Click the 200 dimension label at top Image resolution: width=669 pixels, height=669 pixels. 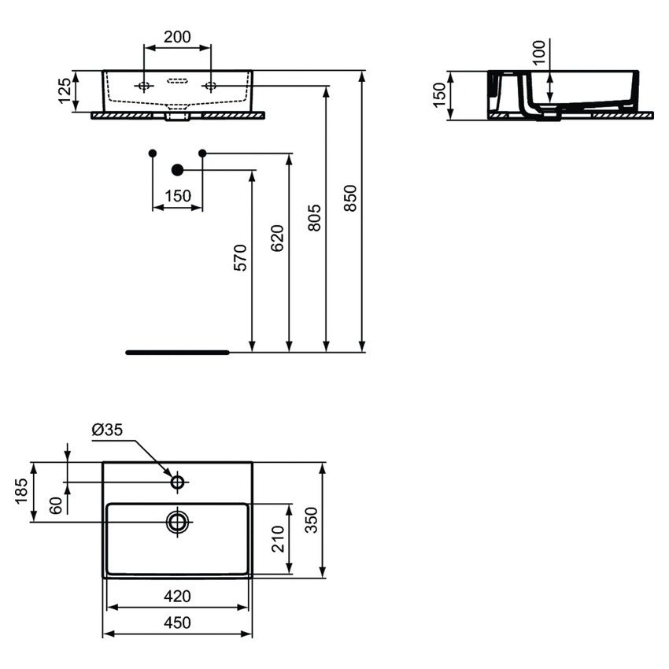[177, 36]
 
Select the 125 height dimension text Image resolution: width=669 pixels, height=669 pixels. [67, 91]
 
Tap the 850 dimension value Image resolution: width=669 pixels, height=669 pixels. [351, 198]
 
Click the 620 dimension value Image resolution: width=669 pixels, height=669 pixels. [277, 238]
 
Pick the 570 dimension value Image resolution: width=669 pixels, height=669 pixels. [240, 257]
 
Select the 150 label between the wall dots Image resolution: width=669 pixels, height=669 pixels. [178, 196]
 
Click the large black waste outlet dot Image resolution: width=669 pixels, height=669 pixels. [177, 169]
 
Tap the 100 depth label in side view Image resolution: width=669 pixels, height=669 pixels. [538, 54]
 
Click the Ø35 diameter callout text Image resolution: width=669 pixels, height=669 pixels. [108, 430]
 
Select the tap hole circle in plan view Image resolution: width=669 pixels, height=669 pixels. [178, 481]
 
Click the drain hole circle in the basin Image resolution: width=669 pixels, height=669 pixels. [178, 521]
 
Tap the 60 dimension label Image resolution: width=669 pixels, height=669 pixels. [55, 505]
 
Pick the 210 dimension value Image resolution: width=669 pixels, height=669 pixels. [277, 538]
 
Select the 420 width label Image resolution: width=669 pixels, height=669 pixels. [177, 596]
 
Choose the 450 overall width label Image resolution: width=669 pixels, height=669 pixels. [177, 623]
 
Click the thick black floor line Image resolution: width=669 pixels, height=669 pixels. [177, 353]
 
